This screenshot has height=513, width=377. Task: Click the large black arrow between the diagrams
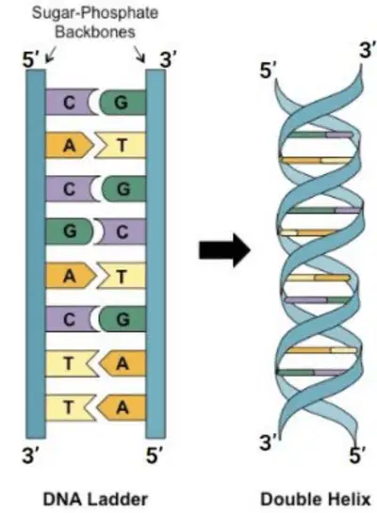coord(224,250)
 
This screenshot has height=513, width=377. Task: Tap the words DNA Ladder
coord(95,500)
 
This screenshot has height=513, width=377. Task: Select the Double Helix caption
coord(316,500)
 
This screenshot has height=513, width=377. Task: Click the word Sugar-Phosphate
coord(95,13)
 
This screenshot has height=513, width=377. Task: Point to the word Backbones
coord(95,32)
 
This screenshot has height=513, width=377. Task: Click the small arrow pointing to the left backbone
coord(51,54)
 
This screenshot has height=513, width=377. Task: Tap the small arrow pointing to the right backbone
coord(139,54)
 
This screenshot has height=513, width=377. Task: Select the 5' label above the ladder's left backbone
coord(31,60)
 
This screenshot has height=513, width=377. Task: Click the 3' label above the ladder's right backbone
coord(168,60)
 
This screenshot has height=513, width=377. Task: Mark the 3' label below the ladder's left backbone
coord(31,455)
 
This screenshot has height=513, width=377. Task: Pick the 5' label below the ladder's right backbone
coord(155,455)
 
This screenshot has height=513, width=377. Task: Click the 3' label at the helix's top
coord(368,50)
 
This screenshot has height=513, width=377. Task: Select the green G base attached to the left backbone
coord(70,232)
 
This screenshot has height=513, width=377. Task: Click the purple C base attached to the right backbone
coord(122,232)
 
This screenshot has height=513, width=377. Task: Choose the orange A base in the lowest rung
coord(122,408)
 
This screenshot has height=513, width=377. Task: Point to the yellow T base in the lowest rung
coord(70,408)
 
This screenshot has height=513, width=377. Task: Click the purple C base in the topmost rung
coord(70,102)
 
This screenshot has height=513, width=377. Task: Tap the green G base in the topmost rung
coord(123,102)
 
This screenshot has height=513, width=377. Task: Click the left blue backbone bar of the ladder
coord(36,254)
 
